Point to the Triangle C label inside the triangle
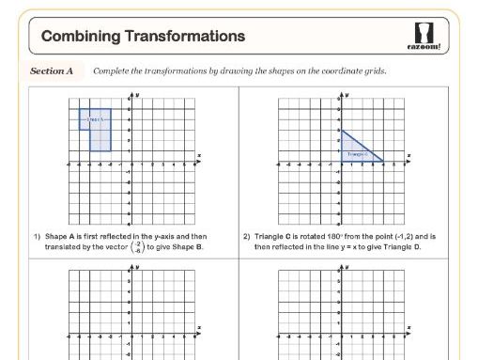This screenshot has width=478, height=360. click(358, 153)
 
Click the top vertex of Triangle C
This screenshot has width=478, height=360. click(342, 131)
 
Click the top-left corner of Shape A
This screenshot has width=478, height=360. click(79, 109)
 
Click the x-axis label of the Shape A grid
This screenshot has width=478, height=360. click(198, 155)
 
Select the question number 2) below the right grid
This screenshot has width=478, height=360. click(247, 237)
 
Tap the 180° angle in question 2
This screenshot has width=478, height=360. click(337, 237)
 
